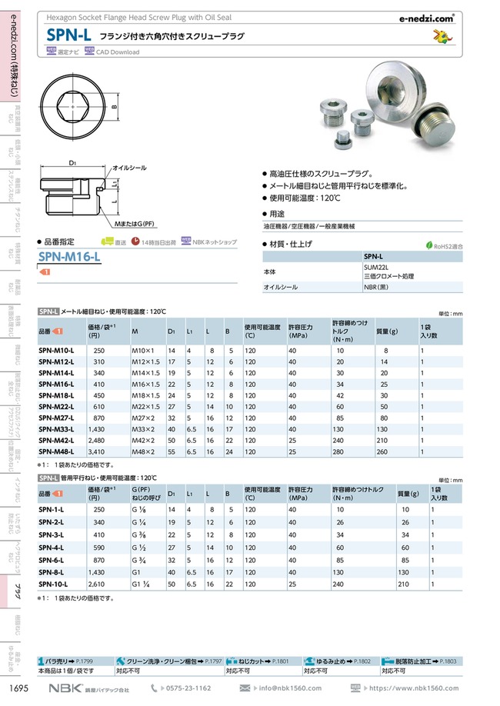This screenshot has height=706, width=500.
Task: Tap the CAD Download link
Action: coord(117,52)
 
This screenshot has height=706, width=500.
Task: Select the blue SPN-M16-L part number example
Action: coord(69,258)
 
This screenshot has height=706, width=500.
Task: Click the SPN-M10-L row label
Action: coord(56,350)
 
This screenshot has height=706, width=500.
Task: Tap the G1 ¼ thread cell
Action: coord(142,584)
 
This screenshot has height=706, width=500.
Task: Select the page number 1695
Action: coord(19,688)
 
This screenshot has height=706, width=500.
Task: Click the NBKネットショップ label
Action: coord(215,241)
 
